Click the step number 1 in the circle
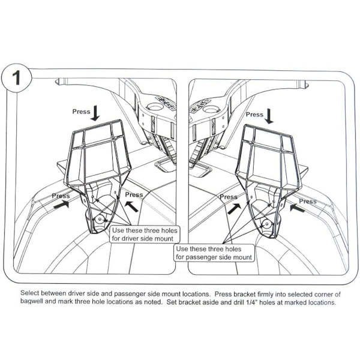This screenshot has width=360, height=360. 17,78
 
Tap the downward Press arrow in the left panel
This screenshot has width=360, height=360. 95,113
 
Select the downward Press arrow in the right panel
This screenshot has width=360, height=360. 269,116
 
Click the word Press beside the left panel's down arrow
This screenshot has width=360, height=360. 81,112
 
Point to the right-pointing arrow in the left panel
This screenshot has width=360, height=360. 61,204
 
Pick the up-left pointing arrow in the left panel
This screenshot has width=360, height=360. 132,206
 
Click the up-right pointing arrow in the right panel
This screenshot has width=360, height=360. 234,209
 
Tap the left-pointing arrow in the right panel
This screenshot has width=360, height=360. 298,208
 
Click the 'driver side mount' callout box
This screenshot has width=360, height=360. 145,235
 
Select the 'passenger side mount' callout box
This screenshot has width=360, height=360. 214,253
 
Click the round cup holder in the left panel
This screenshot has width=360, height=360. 155,107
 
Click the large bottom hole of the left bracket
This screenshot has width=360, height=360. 100,219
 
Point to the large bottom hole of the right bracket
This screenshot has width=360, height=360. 267,224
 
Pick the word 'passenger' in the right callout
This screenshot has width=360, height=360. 200,257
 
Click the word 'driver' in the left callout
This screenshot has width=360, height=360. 130,239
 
